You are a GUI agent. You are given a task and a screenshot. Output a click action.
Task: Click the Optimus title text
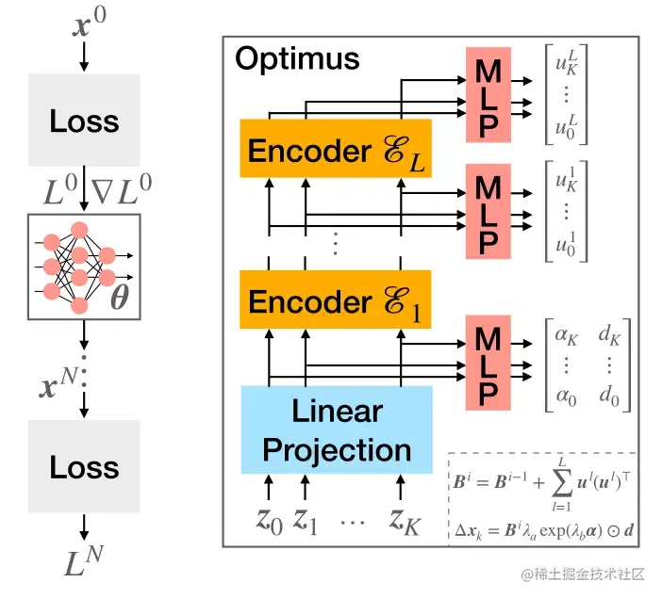(297, 59)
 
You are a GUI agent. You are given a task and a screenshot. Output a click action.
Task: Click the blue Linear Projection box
(337, 429)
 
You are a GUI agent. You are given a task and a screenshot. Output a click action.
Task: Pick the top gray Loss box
(85, 121)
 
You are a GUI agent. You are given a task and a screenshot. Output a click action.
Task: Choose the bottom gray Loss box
(85, 467)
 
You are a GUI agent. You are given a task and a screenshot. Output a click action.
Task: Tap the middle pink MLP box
(488, 212)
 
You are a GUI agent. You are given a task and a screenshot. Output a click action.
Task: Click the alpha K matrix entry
(565, 332)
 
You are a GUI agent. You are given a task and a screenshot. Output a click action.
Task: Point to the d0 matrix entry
(610, 398)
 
